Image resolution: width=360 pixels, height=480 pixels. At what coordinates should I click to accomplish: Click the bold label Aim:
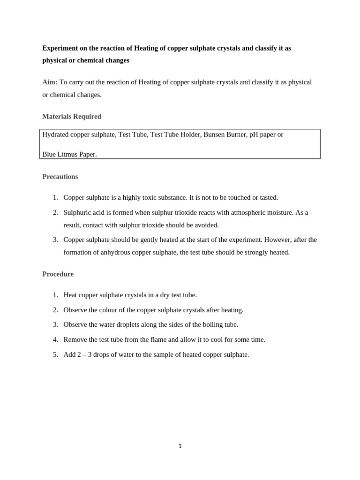pyautogui.click(x=50, y=82)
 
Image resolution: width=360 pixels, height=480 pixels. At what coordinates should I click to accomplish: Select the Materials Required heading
pyautogui.click(x=72, y=116)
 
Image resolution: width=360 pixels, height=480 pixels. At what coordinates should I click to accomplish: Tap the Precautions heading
pyautogui.click(x=60, y=177)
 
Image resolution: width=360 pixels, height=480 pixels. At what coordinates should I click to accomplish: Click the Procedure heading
pyautogui.click(x=58, y=274)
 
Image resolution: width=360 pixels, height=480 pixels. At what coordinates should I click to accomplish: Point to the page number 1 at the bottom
pyautogui.click(x=180, y=446)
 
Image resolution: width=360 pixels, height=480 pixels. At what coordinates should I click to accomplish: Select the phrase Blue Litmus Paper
pyautogui.click(x=69, y=154)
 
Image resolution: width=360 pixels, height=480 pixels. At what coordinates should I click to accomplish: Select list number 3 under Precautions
pyautogui.click(x=55, y=240)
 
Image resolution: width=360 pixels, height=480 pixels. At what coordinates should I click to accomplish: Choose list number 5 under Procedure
pyautogui.click(x=55, y=354)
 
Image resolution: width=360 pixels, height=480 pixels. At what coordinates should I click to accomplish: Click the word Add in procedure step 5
pyautogui.click(x=69, y=354)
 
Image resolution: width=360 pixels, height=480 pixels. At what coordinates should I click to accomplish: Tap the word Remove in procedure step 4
pyautogui.click(x=75, y=339)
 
